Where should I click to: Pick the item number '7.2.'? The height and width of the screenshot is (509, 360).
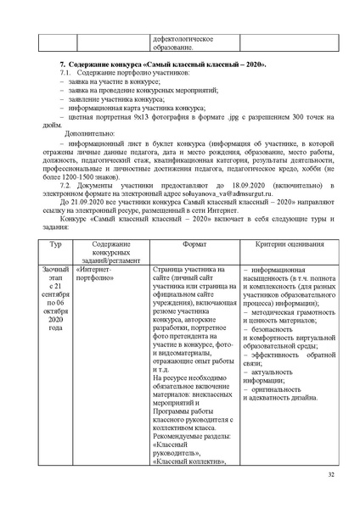68,185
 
